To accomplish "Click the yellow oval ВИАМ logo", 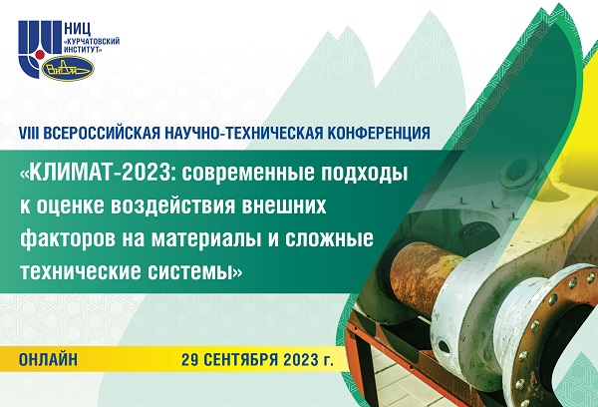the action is [68, 69].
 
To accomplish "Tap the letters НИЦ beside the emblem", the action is [78, 29].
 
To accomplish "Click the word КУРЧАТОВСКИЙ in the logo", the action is [93, 42].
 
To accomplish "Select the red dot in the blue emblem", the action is [39, 57].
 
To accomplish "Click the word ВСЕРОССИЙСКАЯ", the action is [102, 134].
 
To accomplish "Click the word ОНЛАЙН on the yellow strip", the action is [49, 360].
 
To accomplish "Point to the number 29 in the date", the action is [190, 360].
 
